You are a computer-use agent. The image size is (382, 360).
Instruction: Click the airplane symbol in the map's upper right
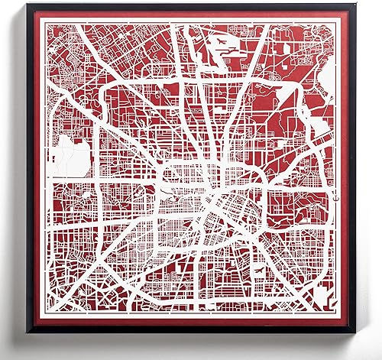click(220, 41)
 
